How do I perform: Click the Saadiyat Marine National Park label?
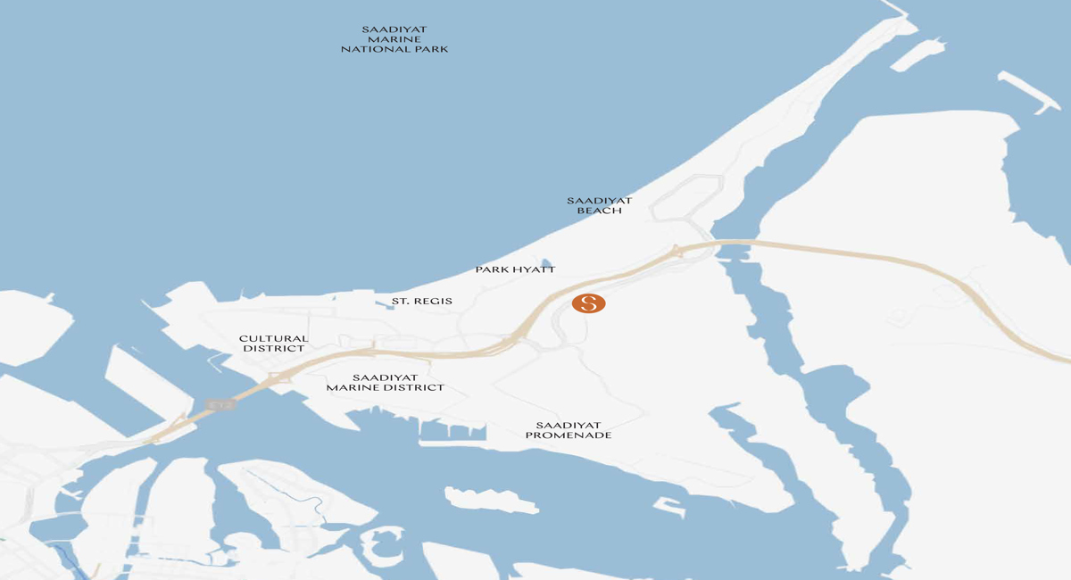tap(394, 39)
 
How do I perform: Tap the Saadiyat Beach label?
tap(599, 205)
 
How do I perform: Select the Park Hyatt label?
tap(515, 269)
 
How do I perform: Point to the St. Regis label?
tap(422, 302)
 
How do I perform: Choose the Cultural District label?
tap(273, 344)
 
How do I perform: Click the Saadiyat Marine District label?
tap(385, 383)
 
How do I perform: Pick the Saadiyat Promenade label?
tap(569, 430)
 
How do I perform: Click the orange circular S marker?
tap(589, 303)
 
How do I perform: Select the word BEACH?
tap(599, 211)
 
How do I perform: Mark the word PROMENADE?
tap(569, 435)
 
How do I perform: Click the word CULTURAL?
tap(273, 339)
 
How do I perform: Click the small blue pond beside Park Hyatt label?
tap(546, 262)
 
